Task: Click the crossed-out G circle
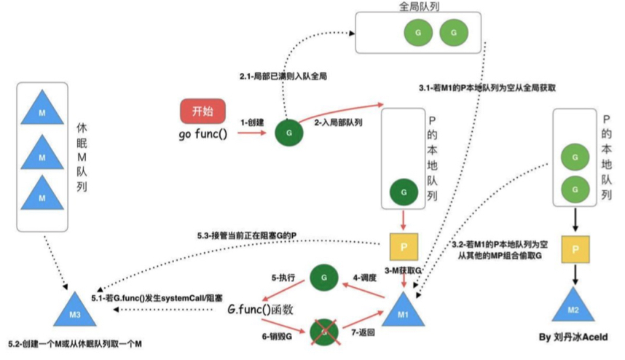(x=322, y=332)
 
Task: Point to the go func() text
(x=203, y=135)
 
